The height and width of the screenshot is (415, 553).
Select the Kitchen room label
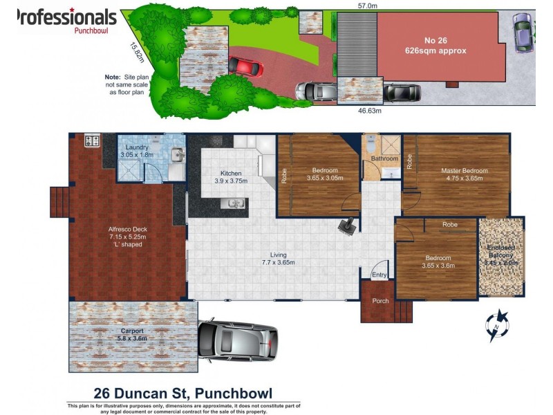(231, 173)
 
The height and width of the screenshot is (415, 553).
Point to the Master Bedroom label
(465, 171)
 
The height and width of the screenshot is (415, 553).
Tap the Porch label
(380, 301)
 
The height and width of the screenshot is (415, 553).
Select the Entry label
(379, 275)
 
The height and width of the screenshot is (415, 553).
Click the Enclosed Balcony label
(501, 250)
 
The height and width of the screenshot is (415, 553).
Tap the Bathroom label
(385, 158)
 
